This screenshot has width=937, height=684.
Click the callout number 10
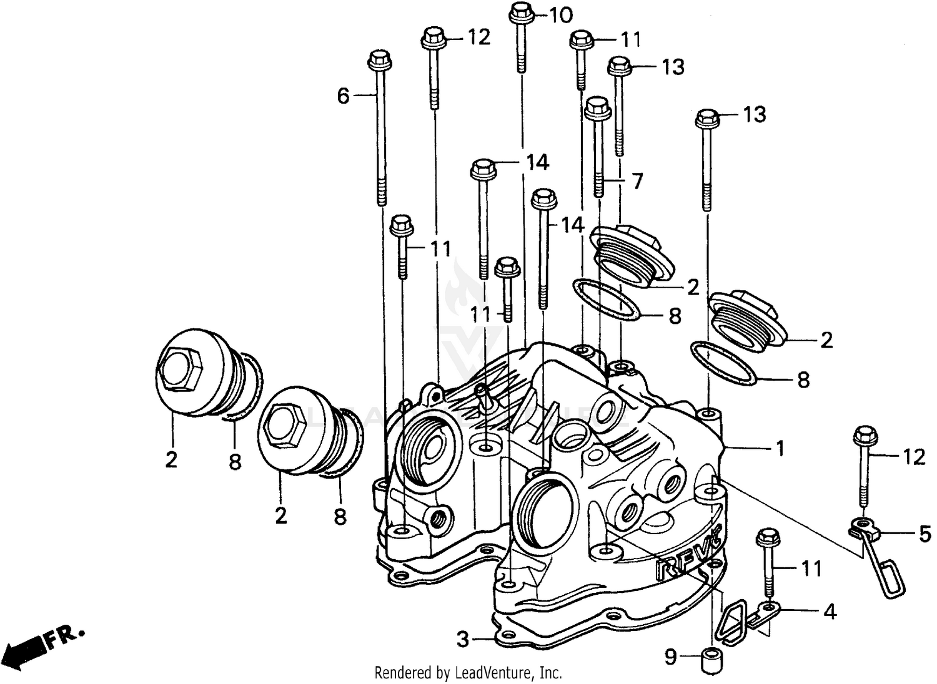[560, 14]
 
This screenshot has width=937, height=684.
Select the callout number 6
[344, 96]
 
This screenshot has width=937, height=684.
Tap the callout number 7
[637, 182]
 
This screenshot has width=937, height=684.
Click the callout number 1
[779, 448]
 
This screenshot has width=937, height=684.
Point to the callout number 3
[462, 639]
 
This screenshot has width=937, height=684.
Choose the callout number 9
[670, 657]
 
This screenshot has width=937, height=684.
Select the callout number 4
[830, 612]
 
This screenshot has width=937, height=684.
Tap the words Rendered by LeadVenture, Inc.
[468, 673]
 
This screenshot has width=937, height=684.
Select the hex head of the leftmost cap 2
[179, 369]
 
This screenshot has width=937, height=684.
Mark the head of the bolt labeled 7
[598, 107]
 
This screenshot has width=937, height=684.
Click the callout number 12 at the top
[479, 37]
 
